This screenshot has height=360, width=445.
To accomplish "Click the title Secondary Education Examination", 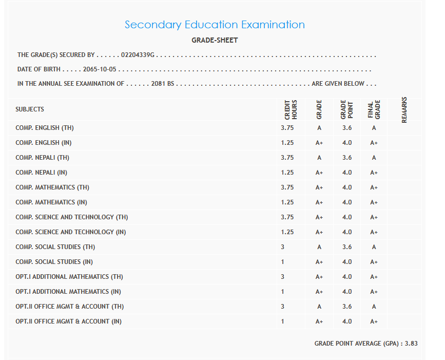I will tap(215, 25).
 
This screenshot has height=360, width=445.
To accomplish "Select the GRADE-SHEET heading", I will tap(215, 40).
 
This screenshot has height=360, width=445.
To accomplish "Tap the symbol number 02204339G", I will tap(138, 54).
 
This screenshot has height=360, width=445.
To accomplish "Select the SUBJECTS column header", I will tap(30, 109).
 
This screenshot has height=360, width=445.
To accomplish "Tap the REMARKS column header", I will tap(404, 109).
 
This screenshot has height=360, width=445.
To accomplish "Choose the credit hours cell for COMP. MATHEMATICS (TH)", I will tap(287, 187).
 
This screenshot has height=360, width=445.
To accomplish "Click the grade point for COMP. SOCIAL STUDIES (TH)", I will tap(347, 247).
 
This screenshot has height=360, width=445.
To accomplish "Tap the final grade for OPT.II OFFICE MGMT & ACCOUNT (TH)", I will tap(374, 307).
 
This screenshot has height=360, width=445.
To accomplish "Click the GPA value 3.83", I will tap(411, 343).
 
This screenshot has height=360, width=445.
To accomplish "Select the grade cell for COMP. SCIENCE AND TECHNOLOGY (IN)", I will tap(319, 232).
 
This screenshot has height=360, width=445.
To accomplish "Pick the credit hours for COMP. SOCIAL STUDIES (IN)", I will tap(283, 262).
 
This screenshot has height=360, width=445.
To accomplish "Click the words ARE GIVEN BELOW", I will tap(338, 84).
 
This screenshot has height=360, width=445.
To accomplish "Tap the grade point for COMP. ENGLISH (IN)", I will tap(347, 143).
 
